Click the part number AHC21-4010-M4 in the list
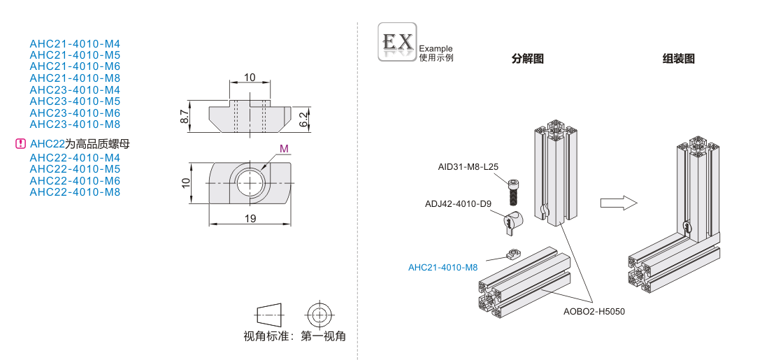pos(75,43)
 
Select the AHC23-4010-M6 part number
pos(75,113)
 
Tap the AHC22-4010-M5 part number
pos(75,169)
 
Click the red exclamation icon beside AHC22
pos(20,145)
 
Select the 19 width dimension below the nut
pos(250,219)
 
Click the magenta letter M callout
pos(283,148)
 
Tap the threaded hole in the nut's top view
pos(250,182)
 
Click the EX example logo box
pos(397,42)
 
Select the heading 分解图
pos(528,59)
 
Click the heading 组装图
pos(678,59)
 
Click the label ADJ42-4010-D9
pos(459,204)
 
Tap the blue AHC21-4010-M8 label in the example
pos(443,267)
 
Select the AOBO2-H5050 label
pos(594,311)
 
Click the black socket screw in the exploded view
pos(514,189)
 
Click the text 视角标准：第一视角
pos(294,336)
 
